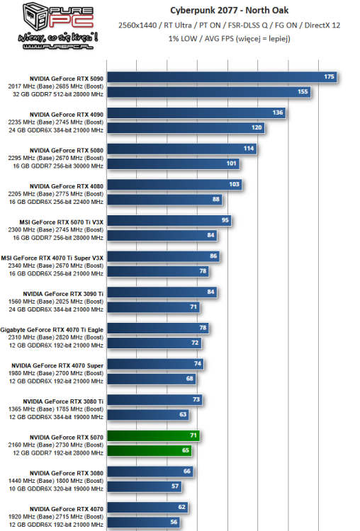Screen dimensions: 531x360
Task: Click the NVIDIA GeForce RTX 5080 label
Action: [x=67, y=150]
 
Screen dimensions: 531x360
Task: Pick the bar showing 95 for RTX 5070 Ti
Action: [x=171, y=220]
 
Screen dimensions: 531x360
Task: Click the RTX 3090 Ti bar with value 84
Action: [x=164, y=292]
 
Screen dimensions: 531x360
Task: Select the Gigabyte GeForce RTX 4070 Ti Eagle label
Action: [x=52, y=329]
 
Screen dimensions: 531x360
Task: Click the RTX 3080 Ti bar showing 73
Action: [x=157, y=399]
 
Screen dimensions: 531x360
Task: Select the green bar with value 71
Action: [x=155, y=435]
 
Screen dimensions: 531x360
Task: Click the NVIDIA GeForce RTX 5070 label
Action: [x=67, y=438]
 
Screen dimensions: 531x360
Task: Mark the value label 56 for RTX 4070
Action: [x=174, y=522]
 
